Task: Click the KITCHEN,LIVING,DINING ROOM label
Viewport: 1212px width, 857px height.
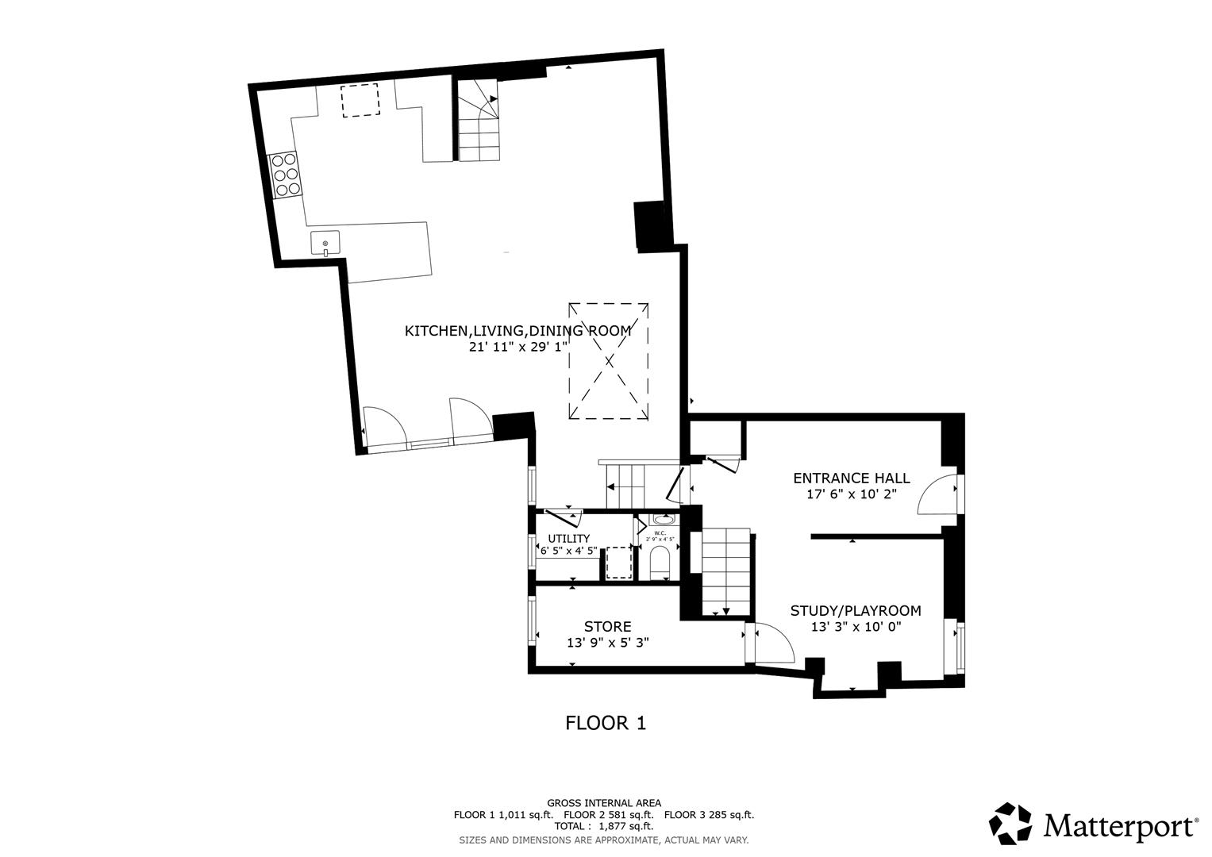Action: coord(518,331)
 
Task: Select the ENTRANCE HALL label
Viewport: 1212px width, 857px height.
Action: coord(852,478)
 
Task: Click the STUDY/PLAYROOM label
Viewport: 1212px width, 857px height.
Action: coord(856,610)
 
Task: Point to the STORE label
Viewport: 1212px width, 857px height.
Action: coord(608,627)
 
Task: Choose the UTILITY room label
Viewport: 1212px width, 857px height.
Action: coord(568,539)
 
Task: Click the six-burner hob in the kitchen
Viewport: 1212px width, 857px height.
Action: coord(285,175)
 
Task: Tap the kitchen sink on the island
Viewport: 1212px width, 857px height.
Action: coord(325,243)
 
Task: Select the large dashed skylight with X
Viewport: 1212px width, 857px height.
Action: coord(609,360)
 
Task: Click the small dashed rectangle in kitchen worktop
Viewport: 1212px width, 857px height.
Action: coord(360,100)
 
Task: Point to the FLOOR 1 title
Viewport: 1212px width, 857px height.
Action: coord(606,723)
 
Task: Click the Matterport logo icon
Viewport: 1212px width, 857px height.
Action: coord(1010,823)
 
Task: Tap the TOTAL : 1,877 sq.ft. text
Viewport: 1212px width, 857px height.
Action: coord(603,826)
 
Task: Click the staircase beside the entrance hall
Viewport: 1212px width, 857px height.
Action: coord(725,570)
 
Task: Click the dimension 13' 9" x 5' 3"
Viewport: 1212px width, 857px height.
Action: coord(608,643)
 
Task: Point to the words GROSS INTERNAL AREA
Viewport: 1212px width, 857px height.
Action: coord(603,803)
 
